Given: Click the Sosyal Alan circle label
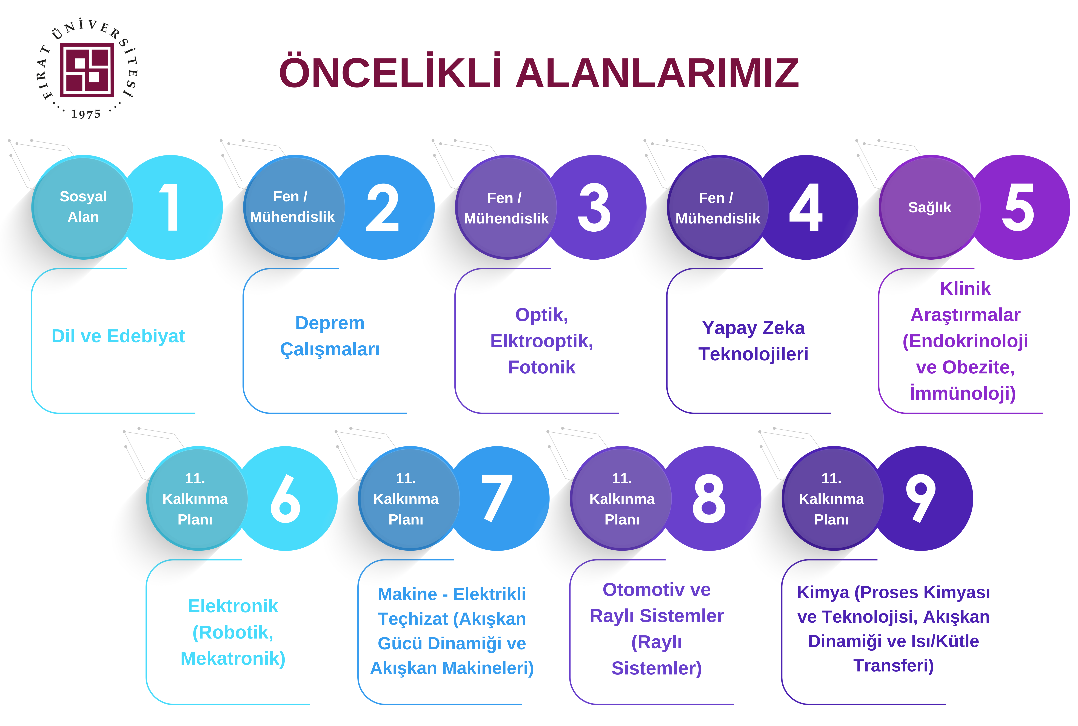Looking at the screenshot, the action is pyautogui.click(x=83, y=206).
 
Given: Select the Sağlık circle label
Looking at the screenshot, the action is pyautogui.click(x=929, y=207).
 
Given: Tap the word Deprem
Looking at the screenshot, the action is pyautogui.click(x=330, y=323).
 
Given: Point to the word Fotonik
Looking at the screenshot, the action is pyautogui.click(x=541, y=367).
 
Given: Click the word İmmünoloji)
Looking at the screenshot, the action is pyautogui.click(x=963, y=393).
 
